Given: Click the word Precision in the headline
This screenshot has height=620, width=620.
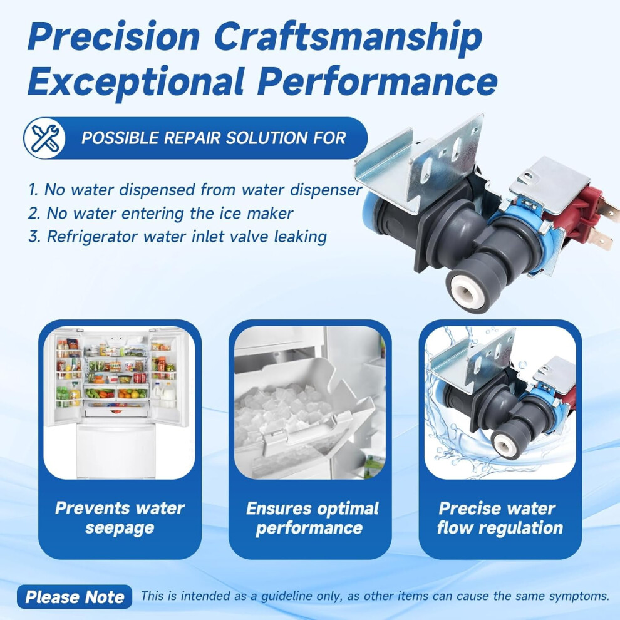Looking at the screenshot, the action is tap(114, 37).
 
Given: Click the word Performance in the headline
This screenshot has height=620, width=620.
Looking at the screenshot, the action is tap(378, 81).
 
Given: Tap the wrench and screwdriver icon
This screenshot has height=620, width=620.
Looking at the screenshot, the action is tap(44, 138).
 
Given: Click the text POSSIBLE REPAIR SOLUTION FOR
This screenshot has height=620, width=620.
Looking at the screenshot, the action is tap(214, 138).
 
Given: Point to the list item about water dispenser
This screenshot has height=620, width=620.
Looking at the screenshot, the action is tap(195, 190).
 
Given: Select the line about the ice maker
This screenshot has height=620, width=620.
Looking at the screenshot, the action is tap(160, 214).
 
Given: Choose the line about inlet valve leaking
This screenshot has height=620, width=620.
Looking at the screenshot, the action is tap(177, 237).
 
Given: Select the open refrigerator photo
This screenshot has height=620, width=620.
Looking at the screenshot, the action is tap(120, 403).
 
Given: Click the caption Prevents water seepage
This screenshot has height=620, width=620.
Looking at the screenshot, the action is tap(120, 518).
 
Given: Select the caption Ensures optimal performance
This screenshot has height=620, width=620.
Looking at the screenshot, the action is tap(311, 518).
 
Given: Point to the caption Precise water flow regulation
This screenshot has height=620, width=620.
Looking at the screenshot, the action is tap(499, 518).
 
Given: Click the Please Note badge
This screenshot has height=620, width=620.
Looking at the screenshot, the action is tap(75, 597).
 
